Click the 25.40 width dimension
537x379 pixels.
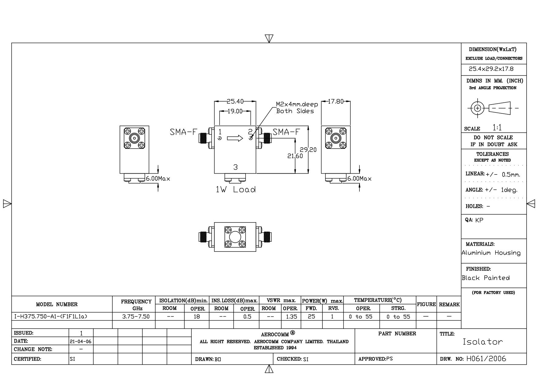235,101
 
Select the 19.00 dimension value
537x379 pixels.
235,111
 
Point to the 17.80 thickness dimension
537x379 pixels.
336,101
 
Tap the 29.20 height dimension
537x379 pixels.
308,150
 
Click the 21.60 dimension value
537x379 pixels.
295,156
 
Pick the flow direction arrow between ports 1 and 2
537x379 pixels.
235,138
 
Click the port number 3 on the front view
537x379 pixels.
235,167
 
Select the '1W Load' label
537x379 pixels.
236,189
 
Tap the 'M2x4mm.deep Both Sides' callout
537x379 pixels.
297,108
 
